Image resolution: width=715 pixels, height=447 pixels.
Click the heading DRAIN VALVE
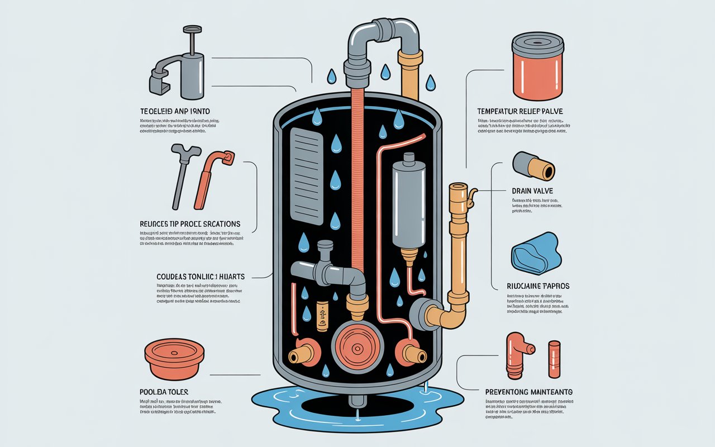532,191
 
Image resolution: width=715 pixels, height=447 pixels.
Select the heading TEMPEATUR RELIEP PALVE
520,112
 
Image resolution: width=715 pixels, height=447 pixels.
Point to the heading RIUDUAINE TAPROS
538,286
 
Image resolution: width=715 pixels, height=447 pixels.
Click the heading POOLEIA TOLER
164,392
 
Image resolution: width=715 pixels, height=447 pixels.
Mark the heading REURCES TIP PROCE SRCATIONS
190,223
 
